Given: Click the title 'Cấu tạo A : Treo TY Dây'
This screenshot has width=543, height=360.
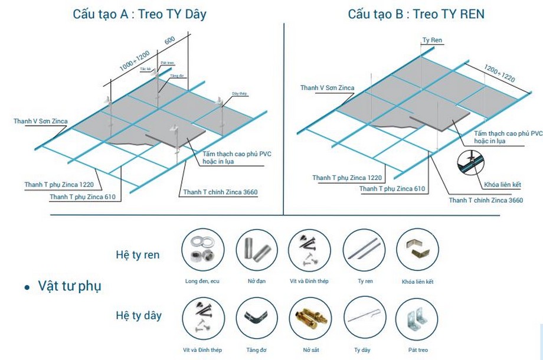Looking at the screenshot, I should tap(139, 14).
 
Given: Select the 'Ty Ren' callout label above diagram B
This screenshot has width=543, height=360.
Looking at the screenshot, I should tap(432, 41).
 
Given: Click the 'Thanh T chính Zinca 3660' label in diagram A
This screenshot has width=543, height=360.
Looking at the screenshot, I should tap(220, 192).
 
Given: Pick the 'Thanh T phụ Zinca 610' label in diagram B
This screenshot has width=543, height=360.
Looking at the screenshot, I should tap(392, 189).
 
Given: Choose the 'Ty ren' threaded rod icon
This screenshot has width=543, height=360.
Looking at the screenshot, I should tap(364, 250).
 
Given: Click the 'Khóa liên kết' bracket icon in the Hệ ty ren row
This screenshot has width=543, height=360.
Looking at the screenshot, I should tap(418, 250).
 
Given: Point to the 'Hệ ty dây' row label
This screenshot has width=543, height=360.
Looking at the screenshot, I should tap(138, 315).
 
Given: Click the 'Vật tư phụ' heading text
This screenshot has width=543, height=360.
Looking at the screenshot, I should tap(70, 286).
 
